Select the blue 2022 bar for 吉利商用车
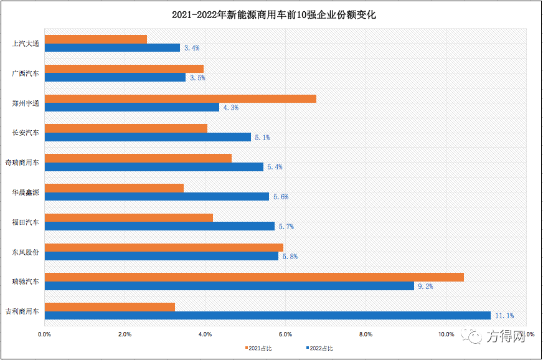[x=268, y=315]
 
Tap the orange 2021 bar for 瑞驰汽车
[x=254, y=277]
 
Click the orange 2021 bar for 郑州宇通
[x=181, y=98]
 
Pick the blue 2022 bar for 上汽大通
[x=112, y=47]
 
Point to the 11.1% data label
[x=504, y=316]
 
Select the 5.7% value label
[x=286, y=227]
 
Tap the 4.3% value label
[x=230, y=108]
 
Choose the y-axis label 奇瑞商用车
[x=22, y=163]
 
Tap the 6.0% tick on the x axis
[x=285, y=335]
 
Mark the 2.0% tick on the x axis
[x=125, y=335]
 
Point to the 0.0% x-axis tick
[x=44, y=335]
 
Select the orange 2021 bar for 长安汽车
[x=126, y=128]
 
